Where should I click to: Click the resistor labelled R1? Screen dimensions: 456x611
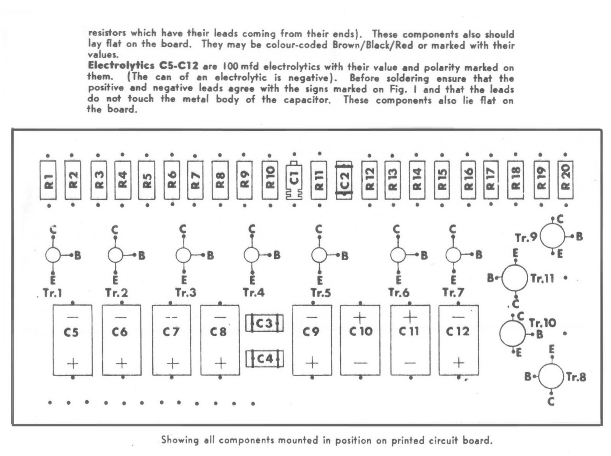[48, 180]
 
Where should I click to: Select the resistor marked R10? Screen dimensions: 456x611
[270, 180]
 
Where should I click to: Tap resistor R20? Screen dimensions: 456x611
[565, 180]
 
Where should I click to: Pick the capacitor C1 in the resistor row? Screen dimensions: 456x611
[294, 180]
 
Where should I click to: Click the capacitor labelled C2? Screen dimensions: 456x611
[344, 180]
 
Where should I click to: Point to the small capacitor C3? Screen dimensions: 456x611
[264, 323]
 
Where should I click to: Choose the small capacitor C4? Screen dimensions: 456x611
[264, 359]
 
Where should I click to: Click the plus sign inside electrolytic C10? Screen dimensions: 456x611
[360, 318]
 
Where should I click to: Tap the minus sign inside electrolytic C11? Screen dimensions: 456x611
[410, 362]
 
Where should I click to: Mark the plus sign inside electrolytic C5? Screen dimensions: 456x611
[73, 363]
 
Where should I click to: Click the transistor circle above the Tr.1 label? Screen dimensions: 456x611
[53, 255]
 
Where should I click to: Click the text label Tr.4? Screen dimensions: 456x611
[253, 292]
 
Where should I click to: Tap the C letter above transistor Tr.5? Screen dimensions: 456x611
[319, 229]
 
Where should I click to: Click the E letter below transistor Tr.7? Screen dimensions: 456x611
[453, 280]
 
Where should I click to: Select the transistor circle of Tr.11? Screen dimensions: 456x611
[514, 278]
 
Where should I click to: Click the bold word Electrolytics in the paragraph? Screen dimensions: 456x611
[121, 66]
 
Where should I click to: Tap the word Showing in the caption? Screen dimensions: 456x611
[180, 440]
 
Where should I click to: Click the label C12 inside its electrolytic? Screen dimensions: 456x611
[458, 331]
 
